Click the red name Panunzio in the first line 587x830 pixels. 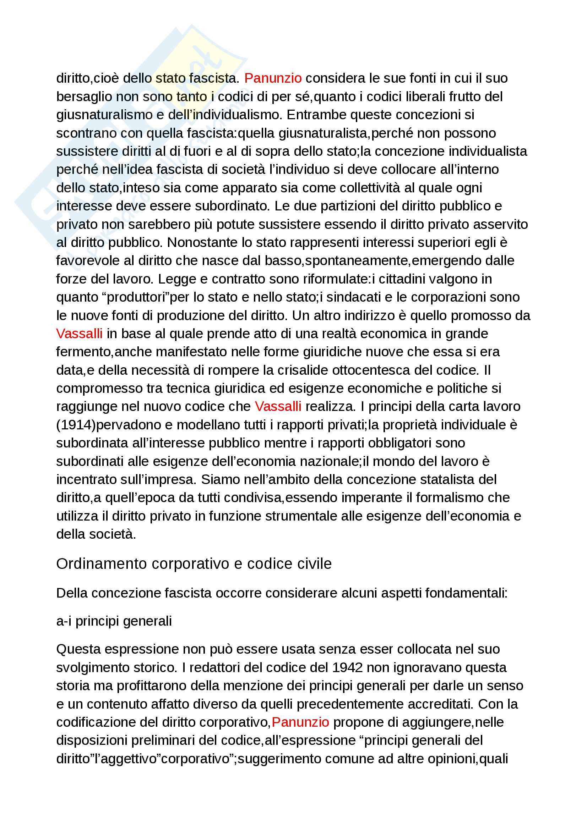click(273, 78)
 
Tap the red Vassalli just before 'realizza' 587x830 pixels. click(278, 406)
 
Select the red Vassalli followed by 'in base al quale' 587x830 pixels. click(79, 333)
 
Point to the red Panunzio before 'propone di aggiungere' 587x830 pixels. click(300, 722)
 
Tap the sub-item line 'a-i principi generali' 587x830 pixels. click(114, 621)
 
